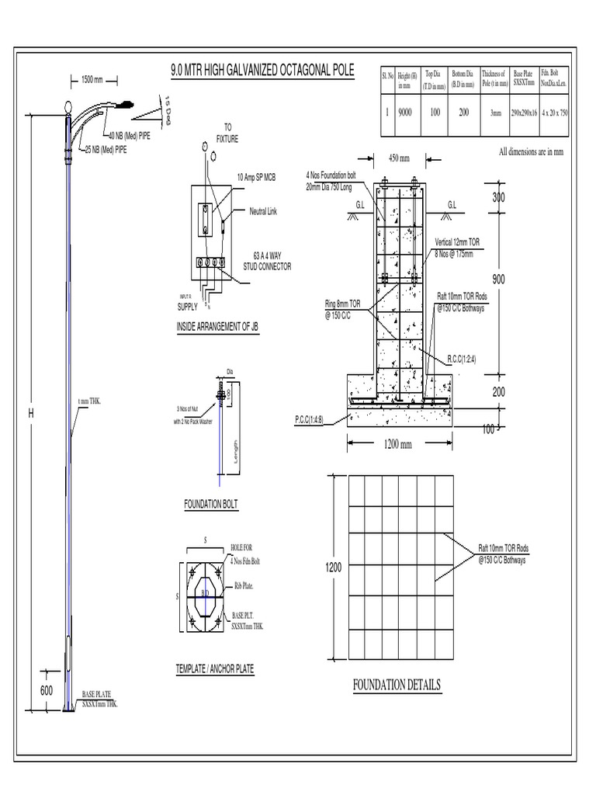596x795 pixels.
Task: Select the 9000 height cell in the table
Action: tap(405, 112)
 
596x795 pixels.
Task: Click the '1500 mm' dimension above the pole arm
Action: tap(92, 79)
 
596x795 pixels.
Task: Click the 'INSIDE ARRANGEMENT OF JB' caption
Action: tap(217, 328)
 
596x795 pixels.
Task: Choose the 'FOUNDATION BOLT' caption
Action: tap(210, 505)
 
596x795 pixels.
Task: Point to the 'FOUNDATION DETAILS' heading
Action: tap(397, 685)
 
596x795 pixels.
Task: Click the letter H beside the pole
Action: tap(32, 415)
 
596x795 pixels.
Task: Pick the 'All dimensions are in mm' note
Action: tap(530, 152)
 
